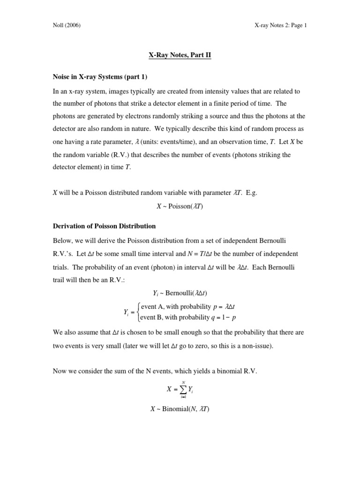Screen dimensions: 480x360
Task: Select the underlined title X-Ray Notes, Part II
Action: pos(180,55)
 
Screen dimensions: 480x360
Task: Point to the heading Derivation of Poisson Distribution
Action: pos(104,226)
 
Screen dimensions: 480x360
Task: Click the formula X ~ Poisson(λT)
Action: pos(180,206)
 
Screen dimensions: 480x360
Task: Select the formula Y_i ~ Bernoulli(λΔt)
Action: pos(180,293)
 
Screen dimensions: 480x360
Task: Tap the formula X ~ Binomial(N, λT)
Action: pos(180,409)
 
